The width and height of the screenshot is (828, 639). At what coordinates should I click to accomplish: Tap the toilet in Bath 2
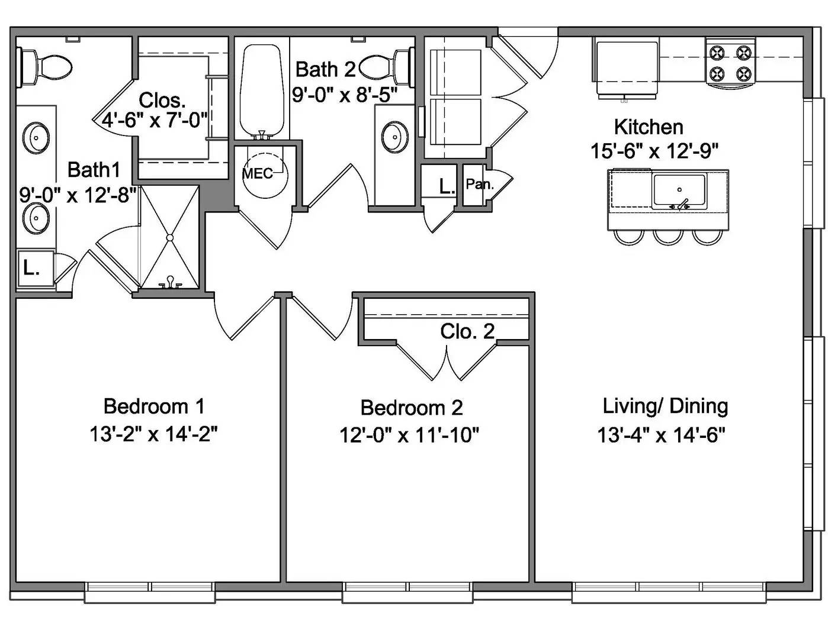pyautogui.click(x=385, y=66)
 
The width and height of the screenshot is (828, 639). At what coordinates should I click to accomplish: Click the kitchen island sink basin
pyautogui.click(x=679, y=191)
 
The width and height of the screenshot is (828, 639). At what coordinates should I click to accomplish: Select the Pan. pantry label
pyautogui.click(x=479, y=185)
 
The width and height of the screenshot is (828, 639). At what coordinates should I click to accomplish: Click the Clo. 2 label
pyautogui.click(x=467, y=331)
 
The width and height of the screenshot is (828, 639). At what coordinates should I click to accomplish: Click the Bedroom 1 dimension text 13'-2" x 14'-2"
pyautogui.click(x=153, y=435)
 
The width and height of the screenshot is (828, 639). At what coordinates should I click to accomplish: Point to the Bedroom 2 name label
pyautogui.click(x=411, y=408)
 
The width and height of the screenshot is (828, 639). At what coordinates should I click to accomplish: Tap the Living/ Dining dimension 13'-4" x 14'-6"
pyautogui.click(x=662, y=435)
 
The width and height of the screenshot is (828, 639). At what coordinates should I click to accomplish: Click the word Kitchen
pyautogui.click(x=648, y=127)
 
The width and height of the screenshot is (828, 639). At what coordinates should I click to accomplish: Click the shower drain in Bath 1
pyautogui.click(x=170, y=237)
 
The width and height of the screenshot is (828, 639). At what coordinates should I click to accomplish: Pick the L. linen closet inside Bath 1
pyautogui.click(x=32, y=269)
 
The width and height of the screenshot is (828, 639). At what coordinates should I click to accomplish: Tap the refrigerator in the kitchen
pyautogui.click(x=627, y=67)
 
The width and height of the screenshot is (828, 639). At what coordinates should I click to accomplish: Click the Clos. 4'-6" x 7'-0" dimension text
pyautogui.click(x=155, y=120)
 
